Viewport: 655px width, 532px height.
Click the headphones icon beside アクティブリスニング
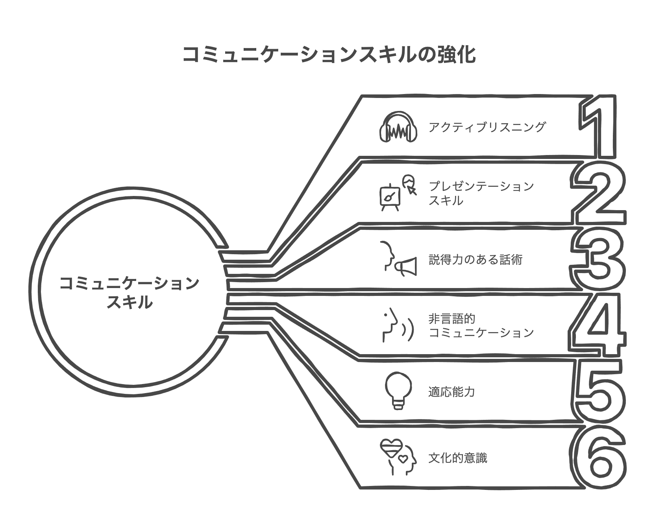point(398,127)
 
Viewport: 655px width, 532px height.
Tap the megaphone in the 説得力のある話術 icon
point(406,267)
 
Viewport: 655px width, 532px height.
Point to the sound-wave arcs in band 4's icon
point(407,330)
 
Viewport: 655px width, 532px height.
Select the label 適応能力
point(451,392)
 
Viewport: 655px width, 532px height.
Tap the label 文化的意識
point(457,458)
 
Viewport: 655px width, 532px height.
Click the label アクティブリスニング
point(487,127)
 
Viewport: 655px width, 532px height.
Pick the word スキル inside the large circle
point(130,303)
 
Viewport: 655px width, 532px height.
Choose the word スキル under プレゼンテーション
point(446,200)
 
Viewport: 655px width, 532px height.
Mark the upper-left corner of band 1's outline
point(361,96)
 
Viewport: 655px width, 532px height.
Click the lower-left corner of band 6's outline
point(361,488)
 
